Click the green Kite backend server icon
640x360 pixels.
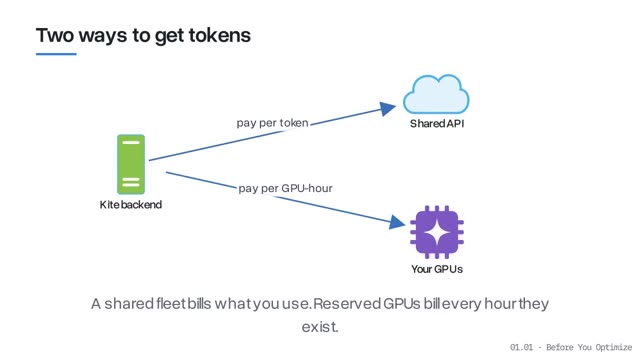pyautogui.click(x=131, y=164)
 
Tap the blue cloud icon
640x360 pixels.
pyautogui.click(x=436, y=94)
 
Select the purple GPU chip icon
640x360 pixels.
pyautogui.click(x=437, y=232)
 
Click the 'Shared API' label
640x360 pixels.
pyautogui.click(x=437, y=124)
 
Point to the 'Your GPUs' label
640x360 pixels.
pyautogui.click(x=437, y=269)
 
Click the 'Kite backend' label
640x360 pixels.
pyautogui.click(x=131, y=204)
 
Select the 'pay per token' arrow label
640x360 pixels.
pyautogui.click(x=272, y=123)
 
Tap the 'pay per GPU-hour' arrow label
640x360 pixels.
pyautogui.click(x=285, y=188)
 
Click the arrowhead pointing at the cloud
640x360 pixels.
pyautogui.click(x=387, y=109)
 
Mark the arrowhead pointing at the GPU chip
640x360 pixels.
pyautogui.click(x=397, y=222)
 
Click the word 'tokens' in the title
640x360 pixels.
pyautogui.click(x=220, y=35)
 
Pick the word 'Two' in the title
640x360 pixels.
pyautogui.click(x=56, y=35)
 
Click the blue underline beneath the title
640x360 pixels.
pyautogui.click(x=56, y=54)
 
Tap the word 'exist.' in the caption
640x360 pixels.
pyautogui.click(x=320, y=327)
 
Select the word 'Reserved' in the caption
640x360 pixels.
pyautogui.click(x=347, y=304)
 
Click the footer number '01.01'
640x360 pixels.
pyautogui.click(x=521, y=347)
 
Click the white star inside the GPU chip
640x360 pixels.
pyautogui.click(x=437, y=232)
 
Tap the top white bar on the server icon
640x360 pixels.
pyautogui.click(x=131, y=142)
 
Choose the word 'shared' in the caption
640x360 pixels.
pyautogui.click(x=129, y=304)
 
